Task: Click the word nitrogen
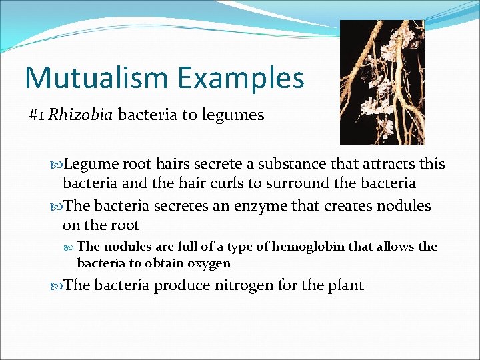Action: [x=240, y=285]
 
